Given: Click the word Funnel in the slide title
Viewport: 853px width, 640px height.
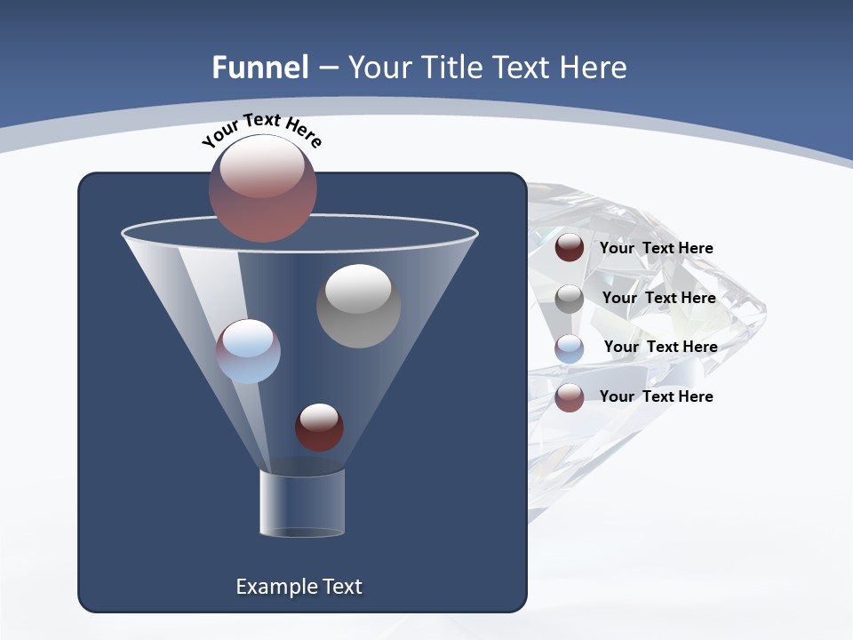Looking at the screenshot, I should [x=259, y=68].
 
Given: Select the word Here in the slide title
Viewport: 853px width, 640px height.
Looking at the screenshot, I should [x=594, y=68].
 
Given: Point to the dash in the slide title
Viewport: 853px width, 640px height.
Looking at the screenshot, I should [x=327, y=68].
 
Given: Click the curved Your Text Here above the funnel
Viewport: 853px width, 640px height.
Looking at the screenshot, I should [x=261, y=130].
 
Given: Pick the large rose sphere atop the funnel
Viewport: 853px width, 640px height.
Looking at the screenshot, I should [x=263, y=188].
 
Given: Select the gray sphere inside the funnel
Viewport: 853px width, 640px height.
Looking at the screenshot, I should [x=358, y=306].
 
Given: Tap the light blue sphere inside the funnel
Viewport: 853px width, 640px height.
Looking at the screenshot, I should [x=248, y=351].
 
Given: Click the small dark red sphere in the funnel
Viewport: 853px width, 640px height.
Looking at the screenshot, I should [x=319, y=427].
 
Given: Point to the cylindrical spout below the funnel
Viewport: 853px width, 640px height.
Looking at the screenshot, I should [x=301, y=503].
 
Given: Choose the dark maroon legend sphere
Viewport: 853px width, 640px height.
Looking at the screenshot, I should [x=570, y=247].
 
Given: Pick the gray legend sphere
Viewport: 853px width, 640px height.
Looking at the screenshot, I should [x=570, y=298].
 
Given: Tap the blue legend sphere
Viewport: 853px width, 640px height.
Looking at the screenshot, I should [x=570, y=348].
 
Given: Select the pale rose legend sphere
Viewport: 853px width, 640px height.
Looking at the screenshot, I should [x=570, y=397].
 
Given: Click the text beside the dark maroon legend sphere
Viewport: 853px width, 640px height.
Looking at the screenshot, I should [x=656, y=248].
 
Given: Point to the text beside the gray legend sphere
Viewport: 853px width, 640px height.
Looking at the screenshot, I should [x=658, y=298].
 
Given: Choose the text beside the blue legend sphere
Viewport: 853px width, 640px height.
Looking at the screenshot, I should [x=660, y=347].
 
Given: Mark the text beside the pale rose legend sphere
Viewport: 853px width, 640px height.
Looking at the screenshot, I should [x=656, y=396].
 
